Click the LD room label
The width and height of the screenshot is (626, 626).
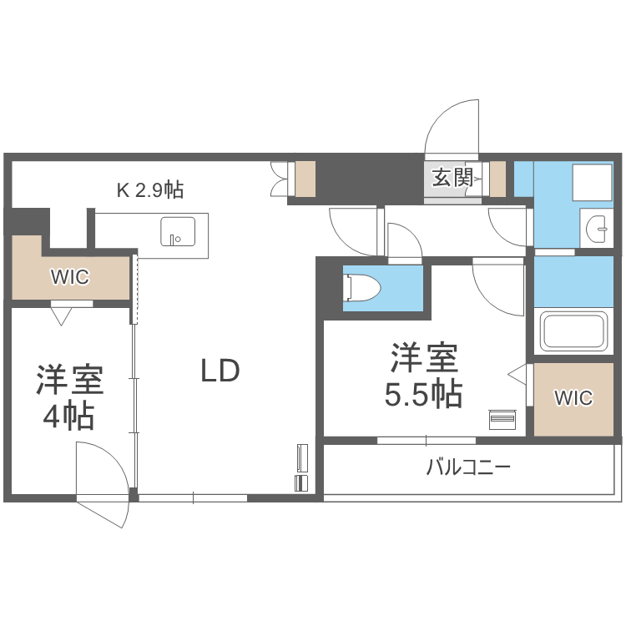click(220, 370)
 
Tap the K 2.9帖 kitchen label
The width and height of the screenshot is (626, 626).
click(149, 189)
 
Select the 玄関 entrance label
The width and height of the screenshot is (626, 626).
click(452, 177)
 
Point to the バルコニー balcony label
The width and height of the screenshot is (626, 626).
click(468, 467)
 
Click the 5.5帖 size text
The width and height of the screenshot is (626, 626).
click(423, 394)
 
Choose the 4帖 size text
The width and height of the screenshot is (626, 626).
click(68, 415)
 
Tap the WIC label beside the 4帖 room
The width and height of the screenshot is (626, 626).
click(70, 277)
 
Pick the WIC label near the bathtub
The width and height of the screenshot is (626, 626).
click(574, 398)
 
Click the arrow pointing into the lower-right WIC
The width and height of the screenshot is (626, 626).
click(518, 373)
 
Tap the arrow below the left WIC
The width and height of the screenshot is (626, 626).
click(60, 316)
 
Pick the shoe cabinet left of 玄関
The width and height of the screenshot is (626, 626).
click(305, 178)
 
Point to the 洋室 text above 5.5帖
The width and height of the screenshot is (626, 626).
click(424, 357)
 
